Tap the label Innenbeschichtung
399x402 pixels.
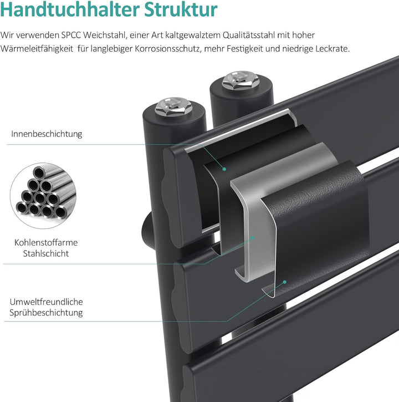(47, 134)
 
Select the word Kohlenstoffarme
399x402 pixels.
(46, 242)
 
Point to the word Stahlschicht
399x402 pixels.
(46, 253)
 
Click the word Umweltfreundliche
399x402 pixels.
(46, 302)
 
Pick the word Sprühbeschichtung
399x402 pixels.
(46, 313)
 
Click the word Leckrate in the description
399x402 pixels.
(332, 49)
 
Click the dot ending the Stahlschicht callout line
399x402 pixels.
(253, 237)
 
